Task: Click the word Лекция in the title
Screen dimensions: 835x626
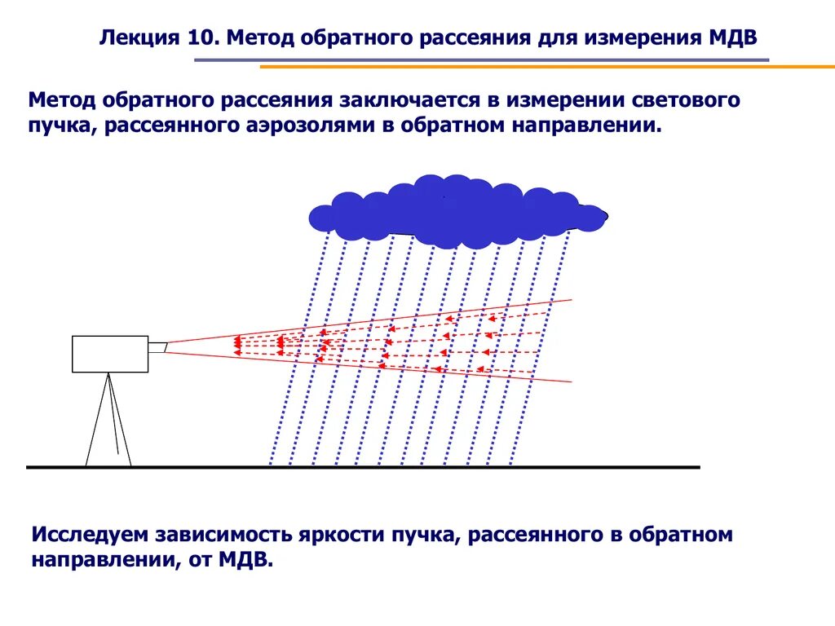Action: (130, 37)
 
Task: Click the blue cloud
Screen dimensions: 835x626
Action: (457, 212)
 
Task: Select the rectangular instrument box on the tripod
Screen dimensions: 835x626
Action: (110, 354)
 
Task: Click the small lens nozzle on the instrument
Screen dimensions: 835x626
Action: (157, 347)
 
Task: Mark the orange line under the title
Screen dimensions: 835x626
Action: (546, 67)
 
